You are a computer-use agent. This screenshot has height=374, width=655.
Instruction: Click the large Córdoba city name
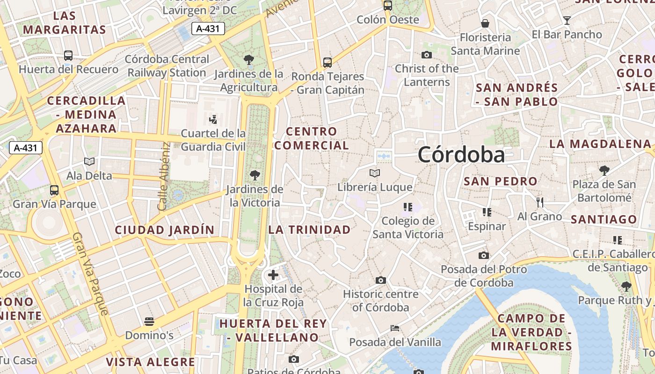461,155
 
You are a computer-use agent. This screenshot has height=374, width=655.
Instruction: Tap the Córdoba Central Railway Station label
167,66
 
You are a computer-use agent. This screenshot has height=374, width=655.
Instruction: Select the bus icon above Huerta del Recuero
68,56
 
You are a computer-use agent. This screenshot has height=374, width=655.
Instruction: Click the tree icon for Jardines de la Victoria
255,176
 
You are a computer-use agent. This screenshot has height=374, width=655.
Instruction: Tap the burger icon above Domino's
149,322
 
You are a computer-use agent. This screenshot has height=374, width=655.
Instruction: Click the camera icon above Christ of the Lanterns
426,55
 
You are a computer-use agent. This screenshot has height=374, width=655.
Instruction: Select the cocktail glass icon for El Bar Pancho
567,21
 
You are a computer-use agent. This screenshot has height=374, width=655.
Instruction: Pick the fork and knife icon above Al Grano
539,202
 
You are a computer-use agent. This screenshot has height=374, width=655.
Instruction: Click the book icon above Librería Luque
375,173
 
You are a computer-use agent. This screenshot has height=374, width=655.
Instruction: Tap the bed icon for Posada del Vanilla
395,328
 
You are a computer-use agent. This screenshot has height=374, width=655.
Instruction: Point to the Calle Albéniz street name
163,176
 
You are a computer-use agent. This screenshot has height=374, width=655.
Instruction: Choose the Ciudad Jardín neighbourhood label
165,230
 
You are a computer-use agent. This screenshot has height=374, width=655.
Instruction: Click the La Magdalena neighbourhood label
600,144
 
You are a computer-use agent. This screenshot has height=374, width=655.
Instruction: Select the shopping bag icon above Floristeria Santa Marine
485,23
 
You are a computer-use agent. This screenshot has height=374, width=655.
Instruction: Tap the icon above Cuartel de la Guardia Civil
213,120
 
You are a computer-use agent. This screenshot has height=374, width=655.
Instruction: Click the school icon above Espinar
487,212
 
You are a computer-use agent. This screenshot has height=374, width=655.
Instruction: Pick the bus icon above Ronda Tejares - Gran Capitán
327,62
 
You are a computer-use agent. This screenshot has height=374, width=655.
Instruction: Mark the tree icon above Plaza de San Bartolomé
604,170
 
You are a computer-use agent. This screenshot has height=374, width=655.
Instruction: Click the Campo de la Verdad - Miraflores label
531,332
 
